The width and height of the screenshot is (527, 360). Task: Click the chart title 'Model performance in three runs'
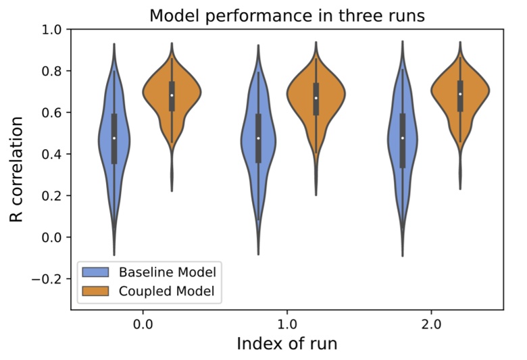point(287,16)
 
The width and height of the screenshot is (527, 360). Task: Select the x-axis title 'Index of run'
point(287,343)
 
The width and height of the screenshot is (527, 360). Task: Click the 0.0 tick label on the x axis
point(143,324)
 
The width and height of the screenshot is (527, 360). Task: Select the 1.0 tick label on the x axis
point(287,324)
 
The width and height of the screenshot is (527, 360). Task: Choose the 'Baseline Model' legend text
point(168,273)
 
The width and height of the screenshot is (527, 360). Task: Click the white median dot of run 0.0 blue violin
point(114,138)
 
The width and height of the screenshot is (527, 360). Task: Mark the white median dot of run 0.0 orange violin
point(172,95)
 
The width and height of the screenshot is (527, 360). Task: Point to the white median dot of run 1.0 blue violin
point(258,138)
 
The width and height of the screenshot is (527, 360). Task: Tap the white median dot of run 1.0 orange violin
point(316,98)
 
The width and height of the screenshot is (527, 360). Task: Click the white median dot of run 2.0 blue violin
point(403,138)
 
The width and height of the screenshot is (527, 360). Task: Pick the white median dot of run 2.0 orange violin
point(460,94)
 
